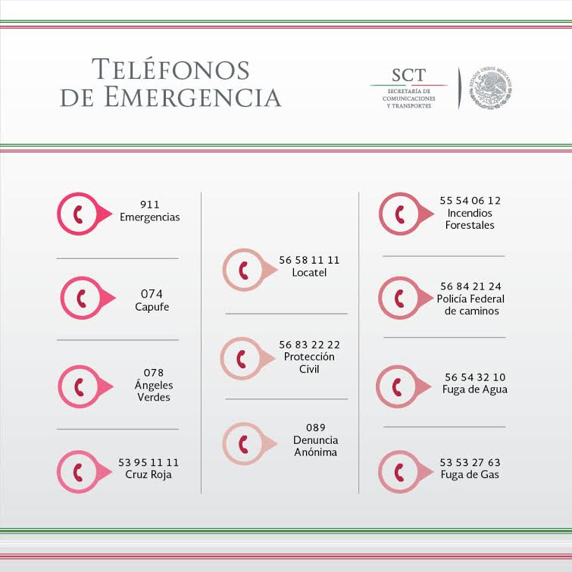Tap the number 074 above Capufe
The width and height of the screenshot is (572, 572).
pyautogui.click(x=152, y=294)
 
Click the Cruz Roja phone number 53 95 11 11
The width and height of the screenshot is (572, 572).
pyautogui.click(x=148, y=462)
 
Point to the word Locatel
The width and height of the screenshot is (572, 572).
pyautogui.click(x=309, y=272)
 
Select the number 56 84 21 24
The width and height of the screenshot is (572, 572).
pyautogui.click(x=470, y=286)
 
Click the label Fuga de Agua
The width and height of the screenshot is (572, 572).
pyautogui.click(x=475, y=389)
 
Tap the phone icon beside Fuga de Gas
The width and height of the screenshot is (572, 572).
pyautogui.click(x=399, y=471)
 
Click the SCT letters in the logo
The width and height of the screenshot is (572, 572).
pyautogui.click(x=408, y=75)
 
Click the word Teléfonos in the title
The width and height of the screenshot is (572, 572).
pyautogui.click(x=170, y=70)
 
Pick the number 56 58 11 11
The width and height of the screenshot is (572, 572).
pyautogui.click(x=309, y=260)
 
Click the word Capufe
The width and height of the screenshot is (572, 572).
pyautogui.click(x=152, y=307)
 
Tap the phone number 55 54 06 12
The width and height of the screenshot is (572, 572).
pyautogui.click(x=470, y=201)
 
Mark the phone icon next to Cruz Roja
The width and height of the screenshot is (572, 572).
pyautogui.click(x=78, y=471)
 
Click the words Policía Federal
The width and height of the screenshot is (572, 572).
pyautogui.click(x=470, y=299)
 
